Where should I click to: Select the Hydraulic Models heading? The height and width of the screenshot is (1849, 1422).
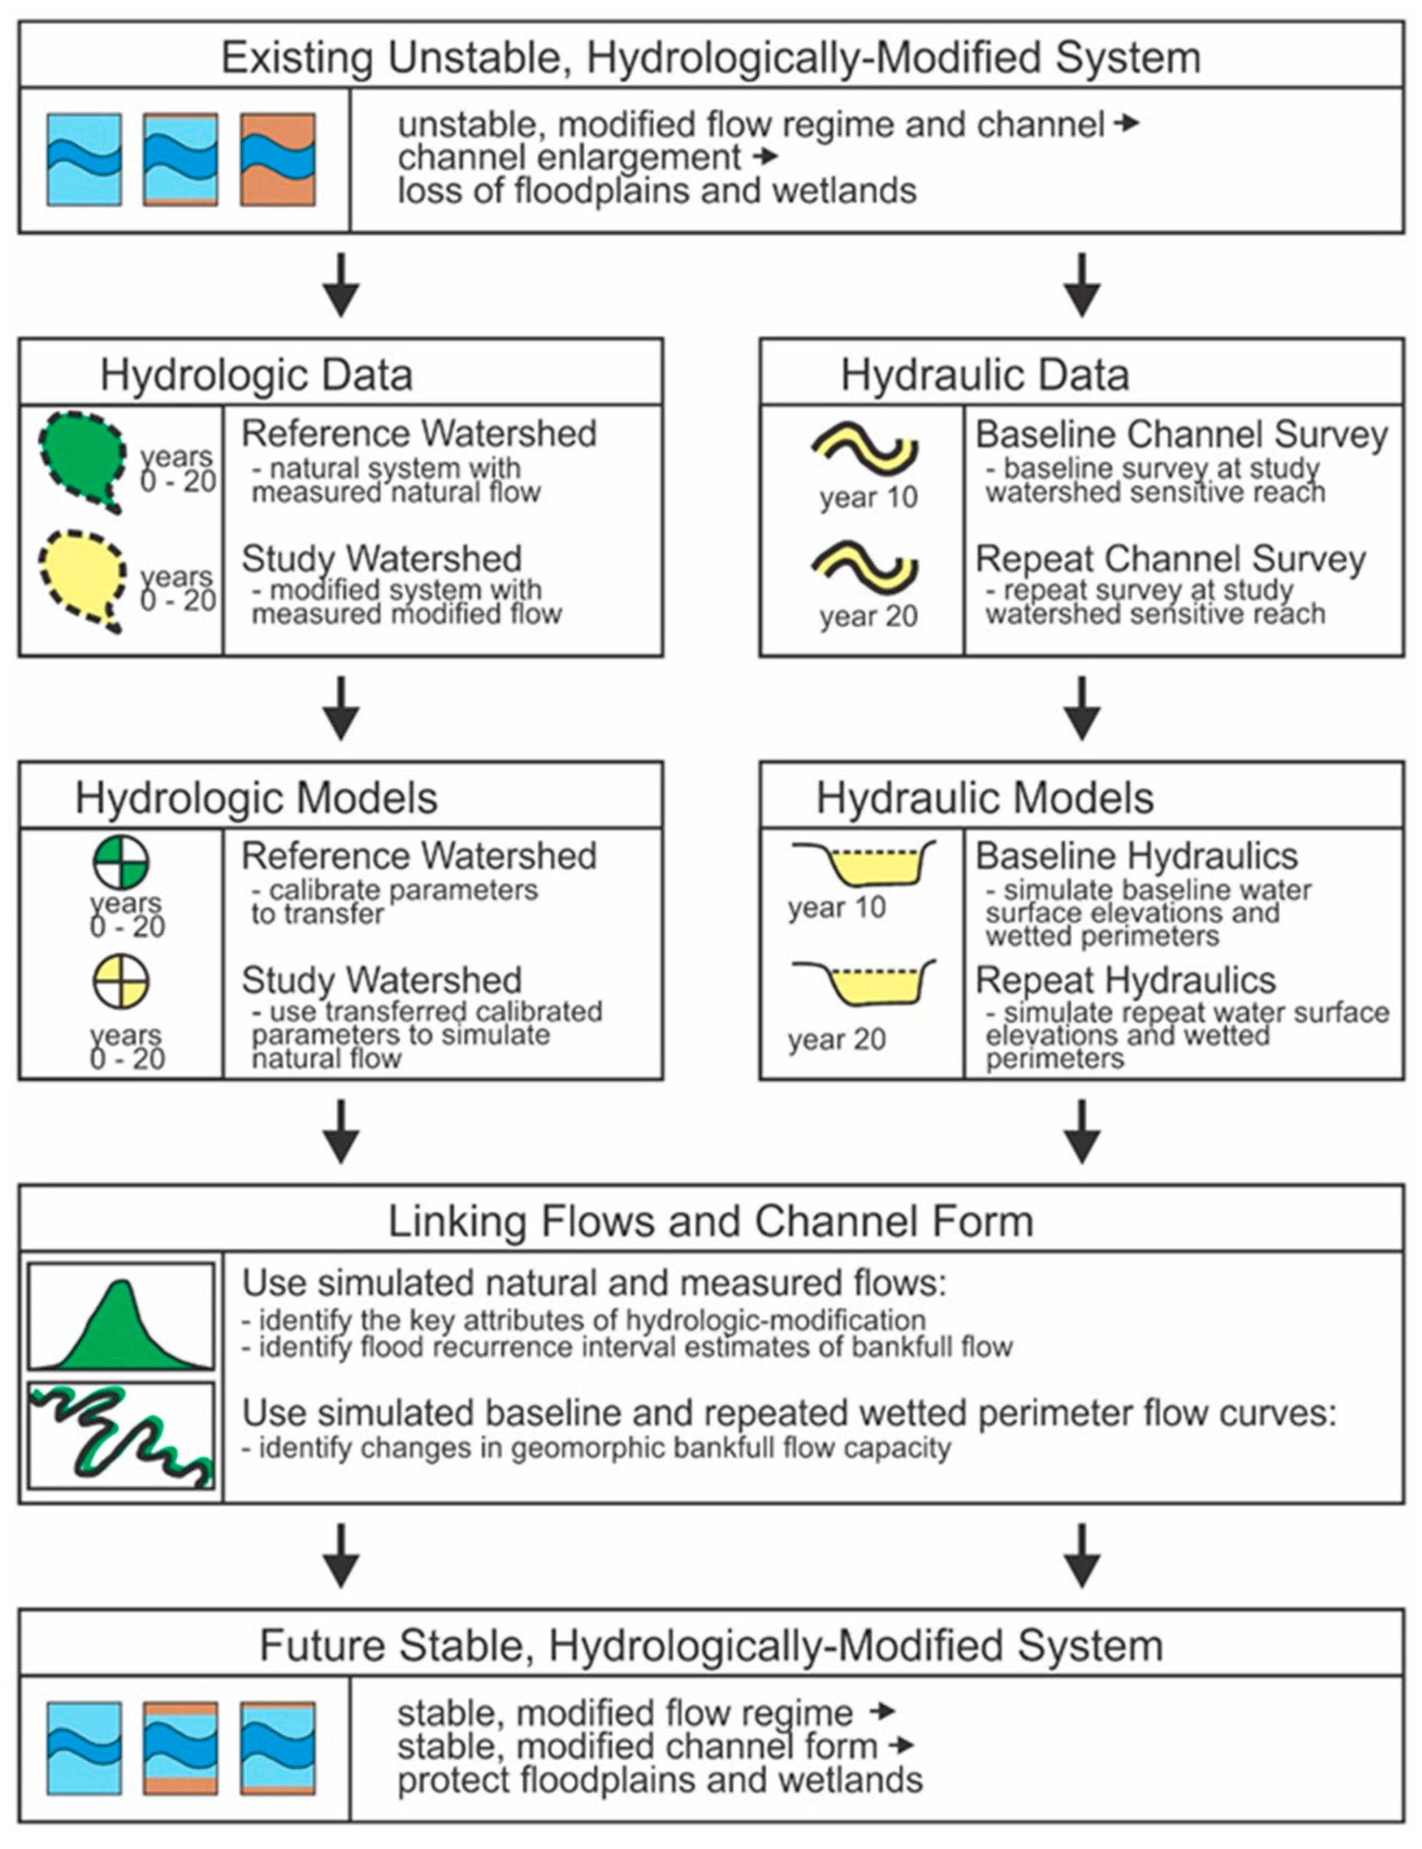tap(984, 798)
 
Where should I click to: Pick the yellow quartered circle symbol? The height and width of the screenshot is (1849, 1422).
tap(121, 982)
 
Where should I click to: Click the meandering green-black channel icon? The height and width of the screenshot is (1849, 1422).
tap(121, 1436)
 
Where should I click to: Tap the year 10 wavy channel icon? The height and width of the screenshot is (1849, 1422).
tap(865, 446)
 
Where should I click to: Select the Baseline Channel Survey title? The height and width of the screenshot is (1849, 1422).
tap(1181, 434)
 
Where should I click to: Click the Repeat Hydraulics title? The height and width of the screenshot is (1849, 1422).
tap(1125, 980)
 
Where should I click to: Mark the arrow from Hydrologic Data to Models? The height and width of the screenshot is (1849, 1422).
tap(341, 708)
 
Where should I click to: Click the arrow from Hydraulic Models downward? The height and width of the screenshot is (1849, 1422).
tap(1082, 1131)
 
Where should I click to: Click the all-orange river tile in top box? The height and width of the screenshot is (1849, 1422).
tap(278, 160)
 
